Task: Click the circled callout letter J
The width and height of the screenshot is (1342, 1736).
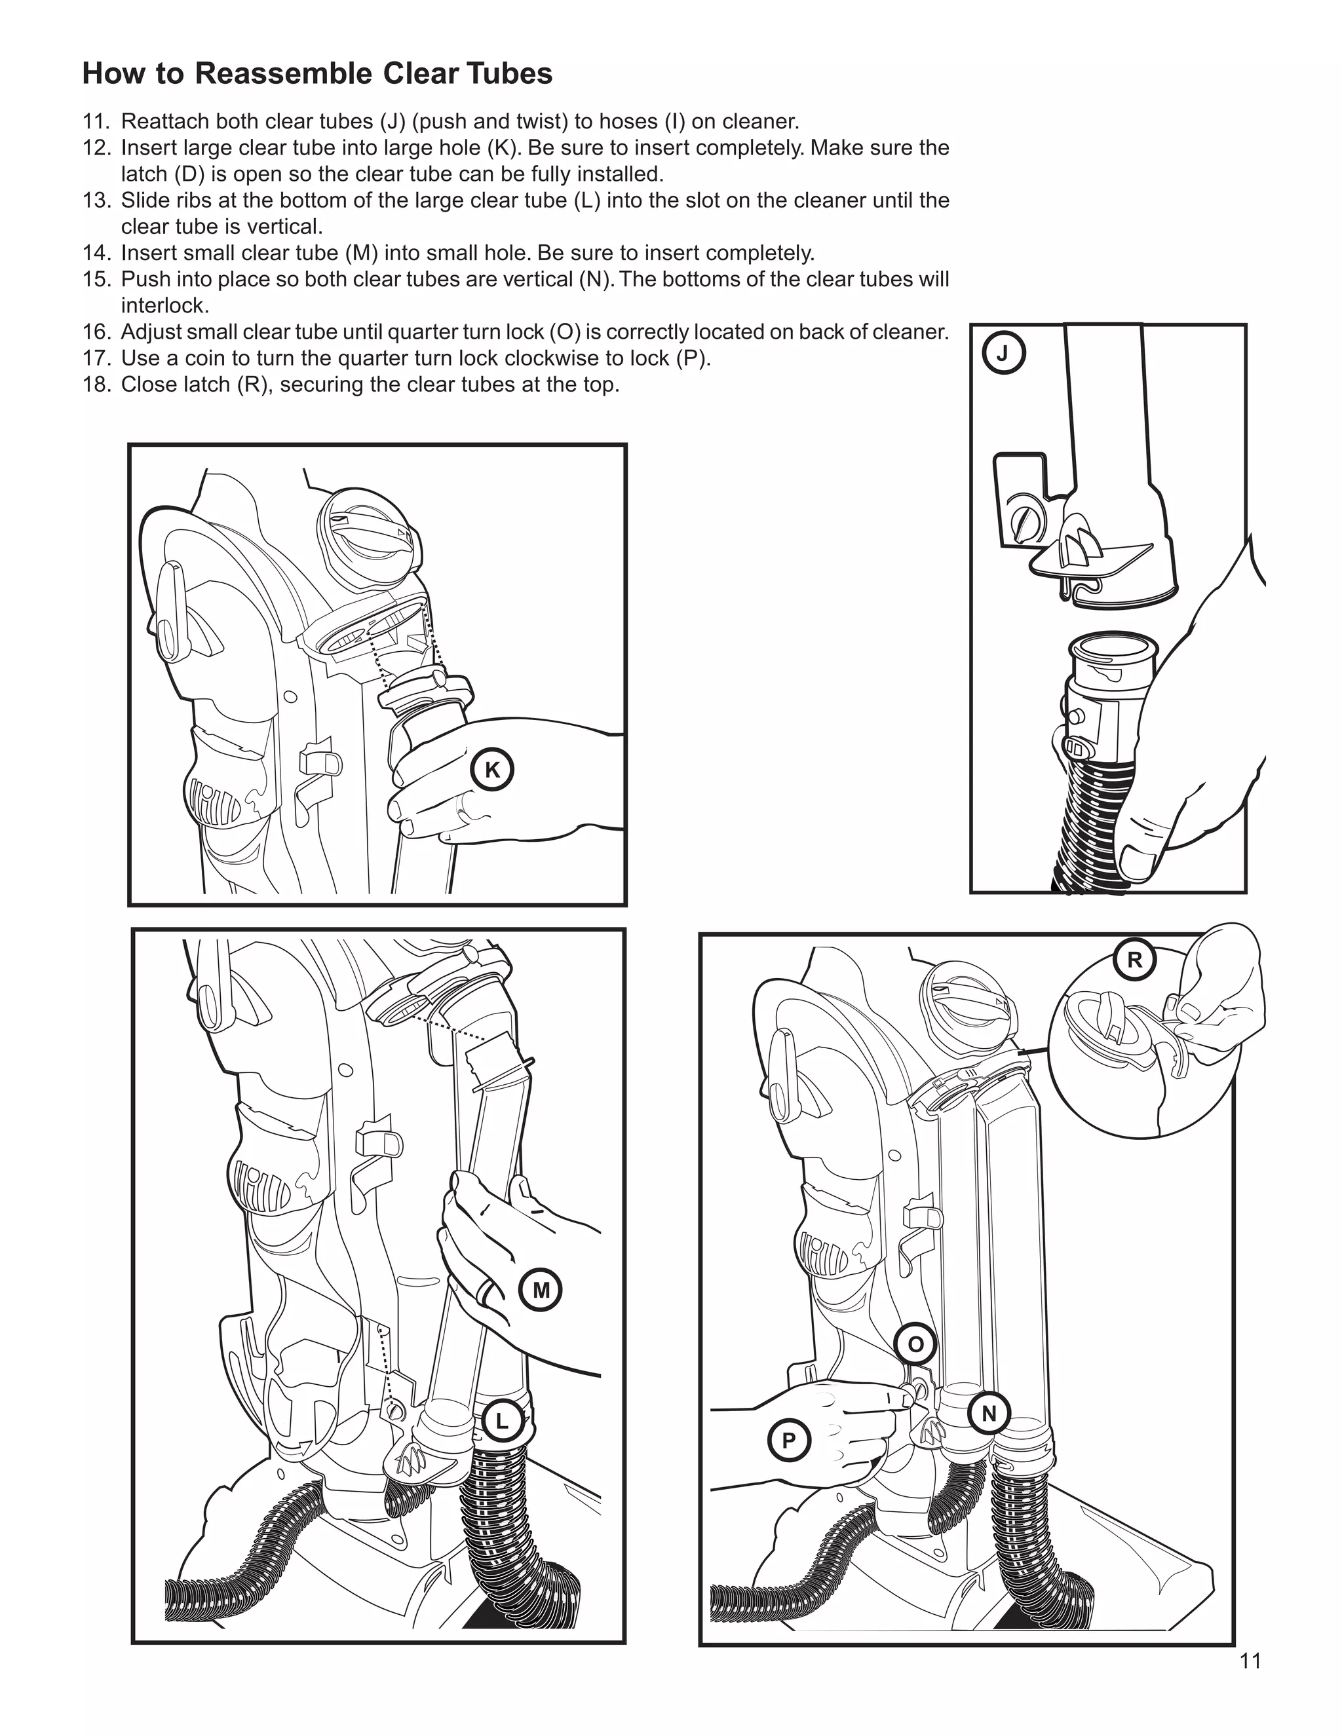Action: pyautogui.click(x=1003, y=354)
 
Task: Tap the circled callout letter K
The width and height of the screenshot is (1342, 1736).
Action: pyautogui.click(x=492, y=770)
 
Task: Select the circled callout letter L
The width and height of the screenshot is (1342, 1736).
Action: pyautogui.click(x=502, y=1422)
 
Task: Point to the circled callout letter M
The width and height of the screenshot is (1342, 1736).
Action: pyautogui.click(x=541, y=1290)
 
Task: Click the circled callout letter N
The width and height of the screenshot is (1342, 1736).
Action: pyautogui.click(x=989, y=1413)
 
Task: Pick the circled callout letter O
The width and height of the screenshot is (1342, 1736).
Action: pyautogui.click(x=916, y=1344)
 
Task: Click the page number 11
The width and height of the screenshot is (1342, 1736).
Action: pyautogui.click(x=1250, y=1661)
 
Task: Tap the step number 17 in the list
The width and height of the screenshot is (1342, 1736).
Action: pyautogui.click(x=96, y=358)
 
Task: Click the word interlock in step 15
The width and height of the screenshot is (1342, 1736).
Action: pyautogui.click(x=164, y=306)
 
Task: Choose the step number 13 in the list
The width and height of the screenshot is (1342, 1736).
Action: pyautogui.click(x=96, y=200)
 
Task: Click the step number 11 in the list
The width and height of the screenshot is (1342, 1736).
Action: pyautogui.click(x=96, y=122)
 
